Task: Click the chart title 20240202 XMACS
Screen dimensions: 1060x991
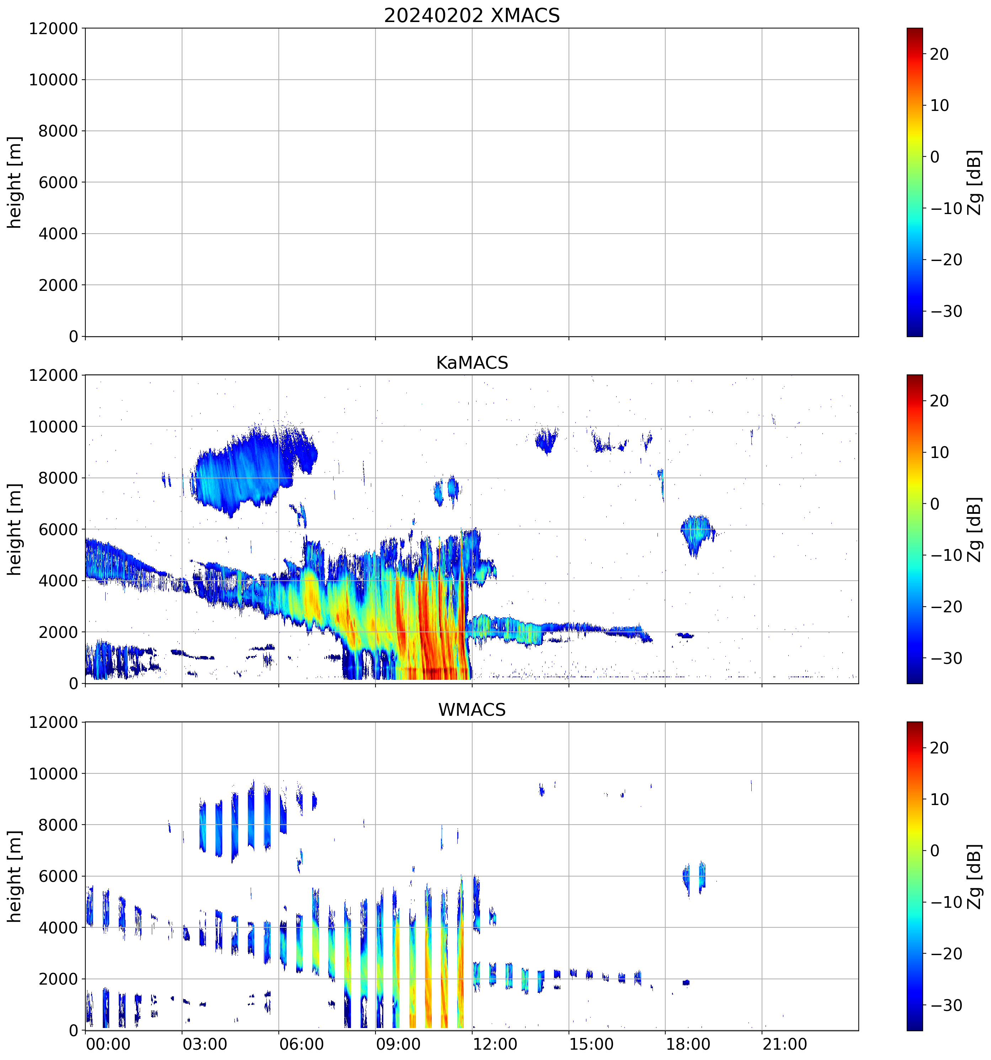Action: (472, 15)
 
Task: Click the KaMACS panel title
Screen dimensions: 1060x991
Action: (472, 363)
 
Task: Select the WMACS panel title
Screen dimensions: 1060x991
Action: (472, 710)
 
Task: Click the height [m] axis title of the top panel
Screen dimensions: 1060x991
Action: (15, 182)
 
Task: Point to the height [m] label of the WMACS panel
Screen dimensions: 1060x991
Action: (15, 877)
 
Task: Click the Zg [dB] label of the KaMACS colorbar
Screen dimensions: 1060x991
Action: (975, 529)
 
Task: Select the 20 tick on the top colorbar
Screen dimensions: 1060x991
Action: (939, 54)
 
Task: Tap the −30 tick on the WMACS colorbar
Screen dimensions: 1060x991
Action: (946, 1006)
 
